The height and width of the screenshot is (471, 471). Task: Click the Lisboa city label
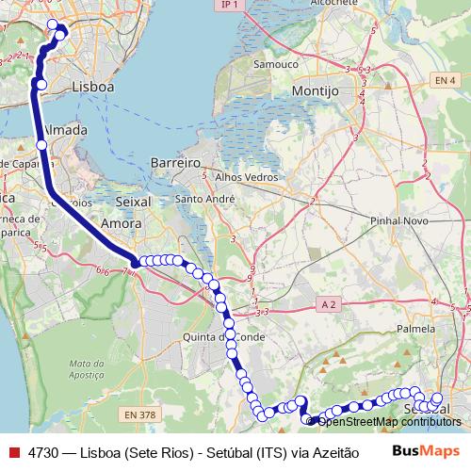pos(92,86)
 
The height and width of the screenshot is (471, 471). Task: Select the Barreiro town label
pos(175,163)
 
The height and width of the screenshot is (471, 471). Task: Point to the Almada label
pos(66,129)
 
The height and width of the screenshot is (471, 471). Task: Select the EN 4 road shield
pos(446,83)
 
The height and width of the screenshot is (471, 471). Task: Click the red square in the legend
pos(12,451)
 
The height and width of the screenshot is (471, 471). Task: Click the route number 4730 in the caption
pos(43,451)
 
